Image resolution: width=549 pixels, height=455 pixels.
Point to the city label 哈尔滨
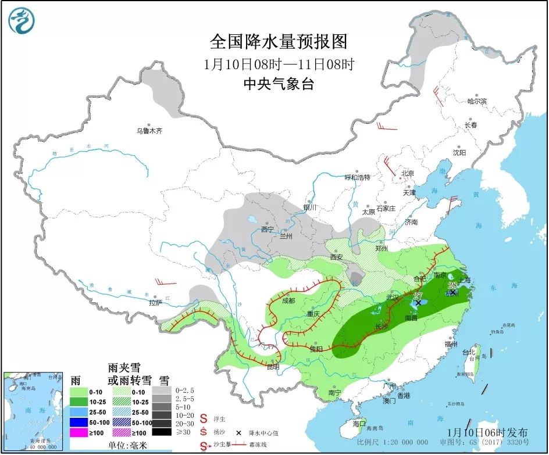476,101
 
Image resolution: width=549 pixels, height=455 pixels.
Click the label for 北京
407,173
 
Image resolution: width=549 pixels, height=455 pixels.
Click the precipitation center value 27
418,296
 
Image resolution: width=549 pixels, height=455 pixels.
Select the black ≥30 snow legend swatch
162,432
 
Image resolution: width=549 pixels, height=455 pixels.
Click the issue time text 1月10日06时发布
489,432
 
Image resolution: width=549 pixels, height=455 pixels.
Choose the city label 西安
337,257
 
